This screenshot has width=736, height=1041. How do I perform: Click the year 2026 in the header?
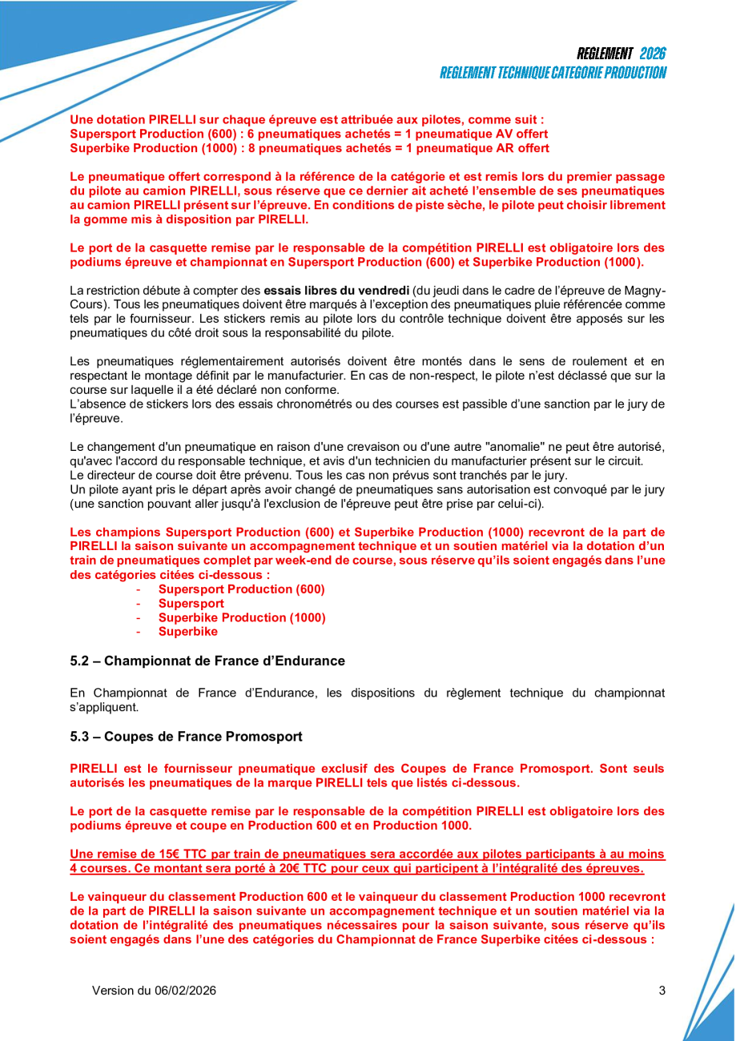pos(652,54)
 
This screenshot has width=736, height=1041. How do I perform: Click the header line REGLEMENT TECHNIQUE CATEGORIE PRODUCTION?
pos(553,73)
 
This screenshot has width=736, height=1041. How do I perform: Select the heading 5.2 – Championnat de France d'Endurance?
pos(207,661)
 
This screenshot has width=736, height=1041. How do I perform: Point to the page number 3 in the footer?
pos(662,991)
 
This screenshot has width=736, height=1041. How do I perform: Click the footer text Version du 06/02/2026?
pos(154,991)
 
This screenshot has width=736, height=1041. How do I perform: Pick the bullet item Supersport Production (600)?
pos(241,589)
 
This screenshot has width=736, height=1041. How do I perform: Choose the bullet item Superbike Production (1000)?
pos(241,618)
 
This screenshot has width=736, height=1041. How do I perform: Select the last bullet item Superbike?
pos(187,632)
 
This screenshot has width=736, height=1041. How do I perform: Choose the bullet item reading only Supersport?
pos(191,604)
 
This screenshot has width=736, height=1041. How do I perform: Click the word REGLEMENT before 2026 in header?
pos(605,54)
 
